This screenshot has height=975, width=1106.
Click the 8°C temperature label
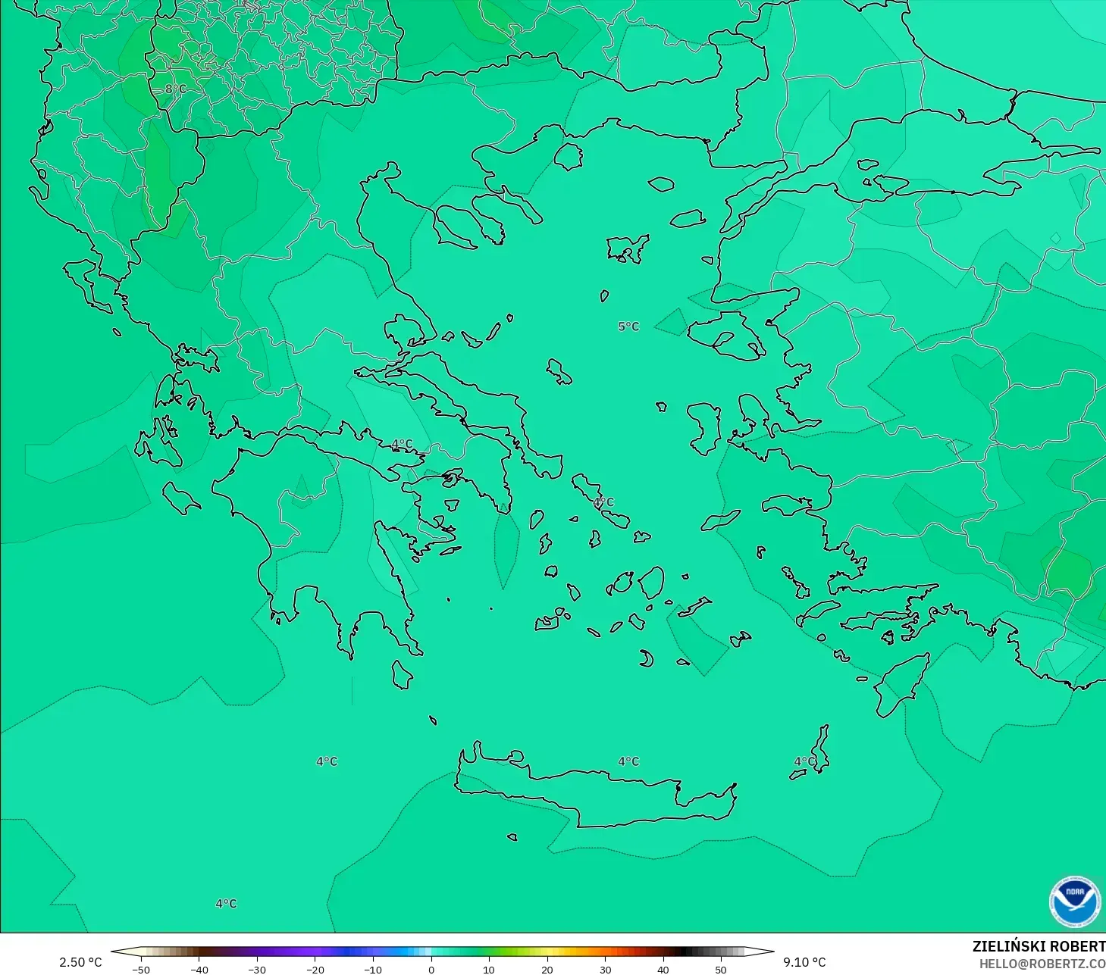click(x=175, y=89)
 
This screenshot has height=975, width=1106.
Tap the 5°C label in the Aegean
click(x=628, y=327)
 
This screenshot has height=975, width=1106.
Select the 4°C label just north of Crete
click(x=628, y=761)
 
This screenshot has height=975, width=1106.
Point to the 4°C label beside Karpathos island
click(x=804, y=761)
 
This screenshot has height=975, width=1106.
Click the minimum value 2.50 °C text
click(x=80, y=962)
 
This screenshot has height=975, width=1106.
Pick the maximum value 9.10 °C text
click(x=804, y=962)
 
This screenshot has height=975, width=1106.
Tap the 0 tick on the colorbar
click(x=431, y=969)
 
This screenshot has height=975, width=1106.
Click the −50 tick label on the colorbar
click(x=141, y=969)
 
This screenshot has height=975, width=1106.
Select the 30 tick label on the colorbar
click(x=605, y=969)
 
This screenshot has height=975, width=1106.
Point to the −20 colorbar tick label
click(x=315, y=969)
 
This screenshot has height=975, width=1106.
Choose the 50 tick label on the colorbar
click(x=721, y=969)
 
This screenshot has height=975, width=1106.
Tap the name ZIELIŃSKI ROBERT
click(x=1039, y=946)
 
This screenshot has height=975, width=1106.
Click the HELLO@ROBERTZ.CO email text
click(x=1042, y=964)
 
